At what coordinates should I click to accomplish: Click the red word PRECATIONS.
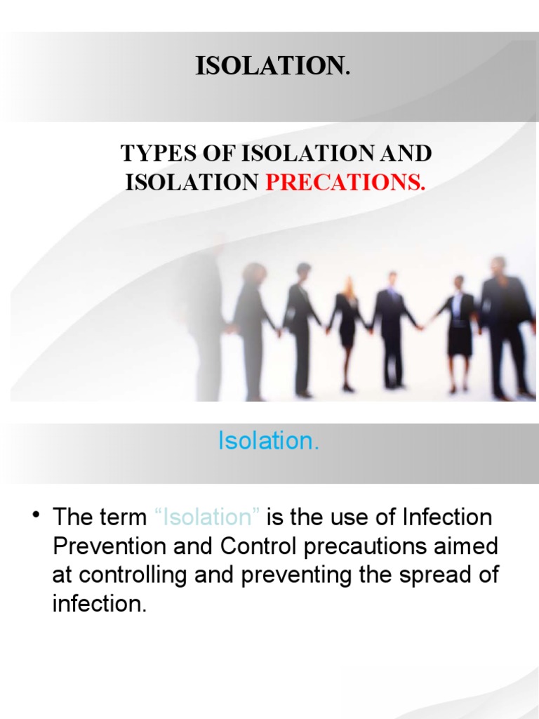[x=345, y=183]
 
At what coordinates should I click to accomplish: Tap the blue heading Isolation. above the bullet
[x=269, y=441]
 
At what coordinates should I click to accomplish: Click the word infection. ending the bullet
[x=100, y=604]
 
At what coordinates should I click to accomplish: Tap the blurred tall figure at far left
[x=204, y=316]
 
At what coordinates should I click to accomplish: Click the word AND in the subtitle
[x=406, y=152]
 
